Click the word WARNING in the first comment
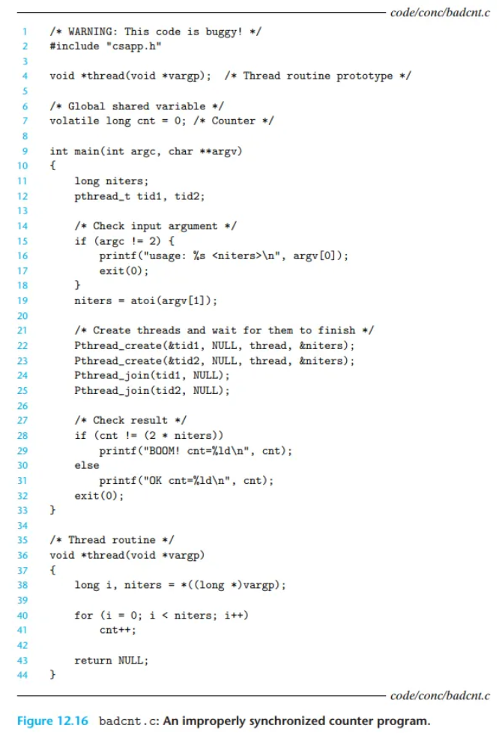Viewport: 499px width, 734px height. point(92,31)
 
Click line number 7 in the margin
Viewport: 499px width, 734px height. point(25,121)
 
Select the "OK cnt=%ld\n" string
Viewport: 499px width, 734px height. point(183,480)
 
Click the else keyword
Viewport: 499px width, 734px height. point(86,465)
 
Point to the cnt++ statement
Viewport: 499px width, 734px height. point(118,630)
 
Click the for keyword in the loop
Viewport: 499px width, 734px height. point(83,615)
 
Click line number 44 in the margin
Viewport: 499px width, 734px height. point(23,675)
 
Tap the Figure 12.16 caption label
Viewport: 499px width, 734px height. point(52,721)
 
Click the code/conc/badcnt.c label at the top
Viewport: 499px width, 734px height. point(440,13)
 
